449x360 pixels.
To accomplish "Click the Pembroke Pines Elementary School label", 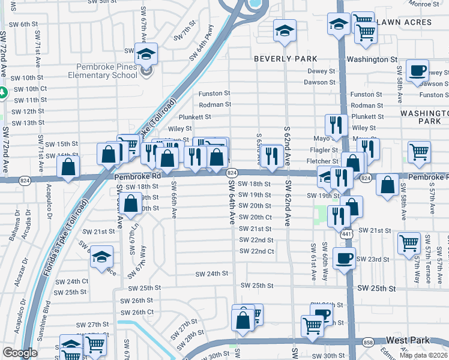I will tap(106, 71).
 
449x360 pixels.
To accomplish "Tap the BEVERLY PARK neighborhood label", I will tap(285, 59).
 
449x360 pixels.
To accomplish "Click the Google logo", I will tap(20, 352).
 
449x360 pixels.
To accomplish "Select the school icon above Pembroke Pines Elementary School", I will tap(146, 55).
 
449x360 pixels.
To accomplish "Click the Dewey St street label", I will tap(321, 71).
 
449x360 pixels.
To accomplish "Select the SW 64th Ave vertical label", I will tap(231, 204).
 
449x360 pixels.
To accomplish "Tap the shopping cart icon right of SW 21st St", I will tap(409, 244).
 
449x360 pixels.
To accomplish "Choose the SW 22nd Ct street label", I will tap(256, 251).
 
